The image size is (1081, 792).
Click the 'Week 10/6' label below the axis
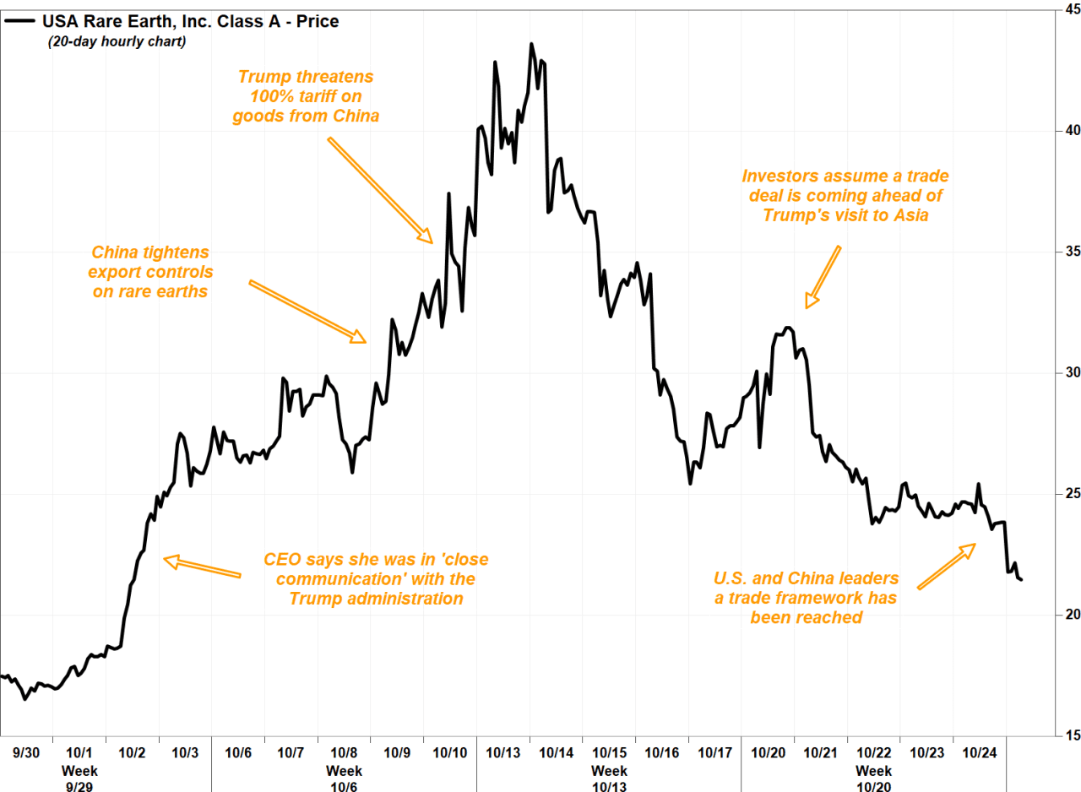click(x=345, y=778)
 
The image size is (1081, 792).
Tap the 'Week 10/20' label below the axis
click(x=873, y=778)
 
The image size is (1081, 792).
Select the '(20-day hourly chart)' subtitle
click(x=117, y=41)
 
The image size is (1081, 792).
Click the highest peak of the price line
click(x=531, y=44)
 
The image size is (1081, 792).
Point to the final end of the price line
click(x=1021, y=579)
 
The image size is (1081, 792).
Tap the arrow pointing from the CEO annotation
click(x=202, y=567)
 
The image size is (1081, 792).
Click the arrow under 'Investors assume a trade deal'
click(x=824, y=277)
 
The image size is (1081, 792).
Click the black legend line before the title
click(x=19, y=21)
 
